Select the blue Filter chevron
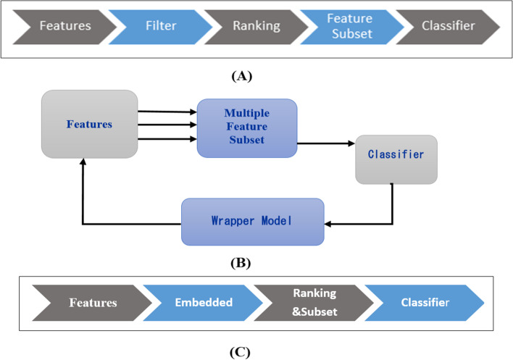pyautogui.click(x=161, y=26)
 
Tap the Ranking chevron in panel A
pyautogui.click(x=256, y=26)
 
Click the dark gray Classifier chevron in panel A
pyautogui.click(x=448, y=26)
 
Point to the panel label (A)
pyautogui.click(x=241, y=75)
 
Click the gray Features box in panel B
pyautogui.click(x=90, y=124)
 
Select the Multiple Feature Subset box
pyautogui.click(x=246, y=128)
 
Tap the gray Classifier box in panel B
pyautogui.click(x=396, y=159)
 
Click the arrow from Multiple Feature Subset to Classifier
pyautogui.click(x=325, y=143)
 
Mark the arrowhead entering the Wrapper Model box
pyautogui.click(x=328, y=223)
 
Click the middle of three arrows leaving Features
pyautogui.click(x=167, y=125)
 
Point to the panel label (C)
pyautogui.click(x=240, y=353)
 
